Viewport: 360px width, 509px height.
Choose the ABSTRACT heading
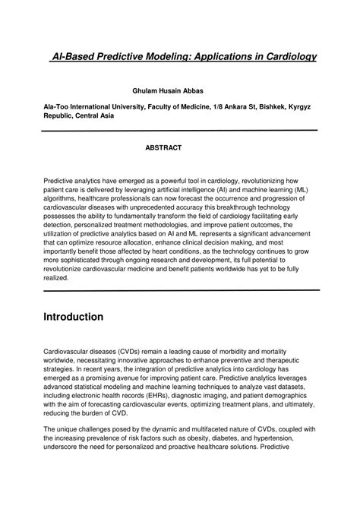pos(163,147)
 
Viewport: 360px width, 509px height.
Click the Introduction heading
pos(73,316)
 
